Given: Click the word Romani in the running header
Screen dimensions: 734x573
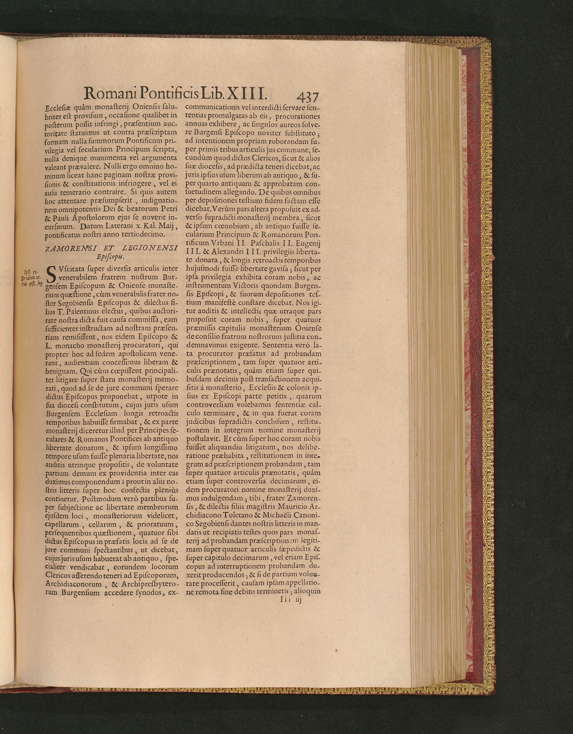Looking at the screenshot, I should pos(109,93).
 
